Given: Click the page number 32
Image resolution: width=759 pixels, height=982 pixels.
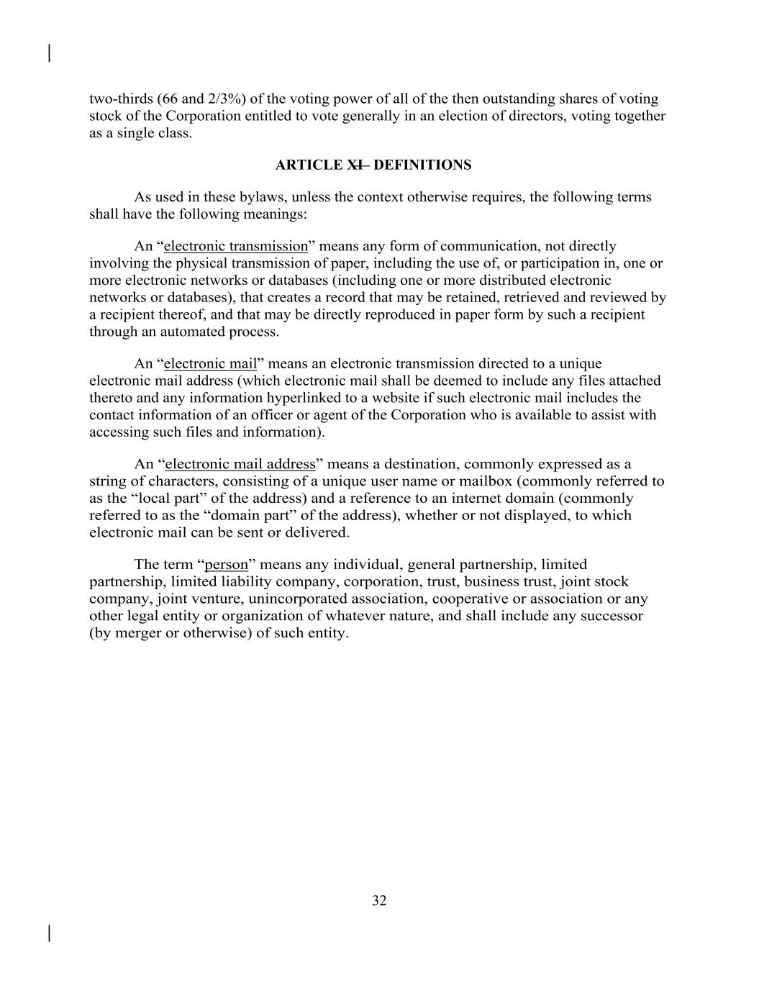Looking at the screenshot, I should pyautogui.click(x=379, y=901).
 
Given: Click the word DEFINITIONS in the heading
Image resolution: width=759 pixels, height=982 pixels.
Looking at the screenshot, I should pyautogui.click(x=422, y=165).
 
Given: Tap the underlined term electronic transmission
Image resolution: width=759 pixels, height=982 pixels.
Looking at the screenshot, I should pyautogui.click(x=236, y=246).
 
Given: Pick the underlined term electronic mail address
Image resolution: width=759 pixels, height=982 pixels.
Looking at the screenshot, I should pyautogui.click(x=240, y=464).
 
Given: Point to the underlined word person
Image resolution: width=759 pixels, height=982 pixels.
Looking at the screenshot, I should pyautogui.click(x=226, y=565).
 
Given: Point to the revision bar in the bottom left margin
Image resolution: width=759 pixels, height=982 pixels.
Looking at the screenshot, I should pyautogui.click(x=49, y=933).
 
